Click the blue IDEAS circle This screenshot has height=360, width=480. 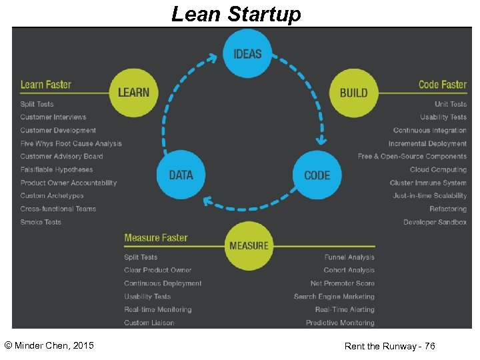tap(247, 54)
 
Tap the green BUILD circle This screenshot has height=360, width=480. tap(353, 93)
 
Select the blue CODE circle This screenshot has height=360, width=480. tap(317, 175)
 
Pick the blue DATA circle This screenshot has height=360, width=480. tap(181, 175)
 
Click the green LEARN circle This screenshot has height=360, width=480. tap(133, 93)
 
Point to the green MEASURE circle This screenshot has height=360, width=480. tap(249, 245)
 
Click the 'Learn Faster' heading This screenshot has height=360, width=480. tap(46, 85)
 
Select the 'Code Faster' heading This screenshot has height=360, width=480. tap(443, 85)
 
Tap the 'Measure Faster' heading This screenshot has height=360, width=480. tap(156, 238)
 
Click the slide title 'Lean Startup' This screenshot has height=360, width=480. tap(236, 13)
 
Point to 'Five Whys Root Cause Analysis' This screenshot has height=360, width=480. tap(71, 143)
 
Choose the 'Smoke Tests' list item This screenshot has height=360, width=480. tap(41, 222)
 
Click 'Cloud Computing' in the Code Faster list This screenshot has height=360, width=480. tap(438, 170)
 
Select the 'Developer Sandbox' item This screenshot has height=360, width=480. tap(435, 222)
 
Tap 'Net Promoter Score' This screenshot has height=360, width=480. tap(342, 283)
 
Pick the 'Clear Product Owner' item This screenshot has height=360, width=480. tap(157, 270)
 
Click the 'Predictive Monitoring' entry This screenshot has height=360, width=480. tap(340, 323)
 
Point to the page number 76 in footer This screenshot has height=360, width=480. tap(429, 346)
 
